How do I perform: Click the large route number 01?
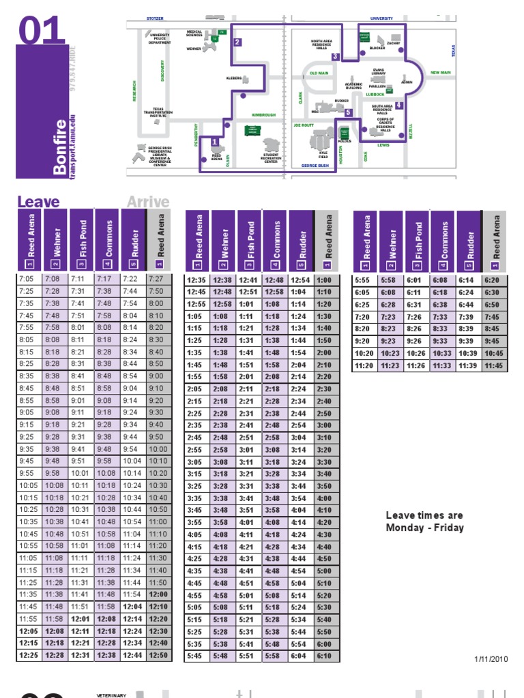pos(42,32)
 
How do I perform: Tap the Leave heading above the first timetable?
pos(38,202)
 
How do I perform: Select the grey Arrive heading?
pos(147,202)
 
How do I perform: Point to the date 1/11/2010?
pos(491,658)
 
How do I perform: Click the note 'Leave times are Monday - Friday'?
pos(424,521)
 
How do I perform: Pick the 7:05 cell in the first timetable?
pos(27,279)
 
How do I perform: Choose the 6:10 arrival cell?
pos(324,656)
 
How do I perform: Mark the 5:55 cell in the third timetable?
pos(362,279)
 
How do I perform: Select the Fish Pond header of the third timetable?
pos(418,241)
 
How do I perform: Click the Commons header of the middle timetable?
pos(276,241)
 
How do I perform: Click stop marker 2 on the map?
pos(237,42)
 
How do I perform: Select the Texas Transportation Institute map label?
pos(158,112)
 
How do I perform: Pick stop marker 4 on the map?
pos(398,105)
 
